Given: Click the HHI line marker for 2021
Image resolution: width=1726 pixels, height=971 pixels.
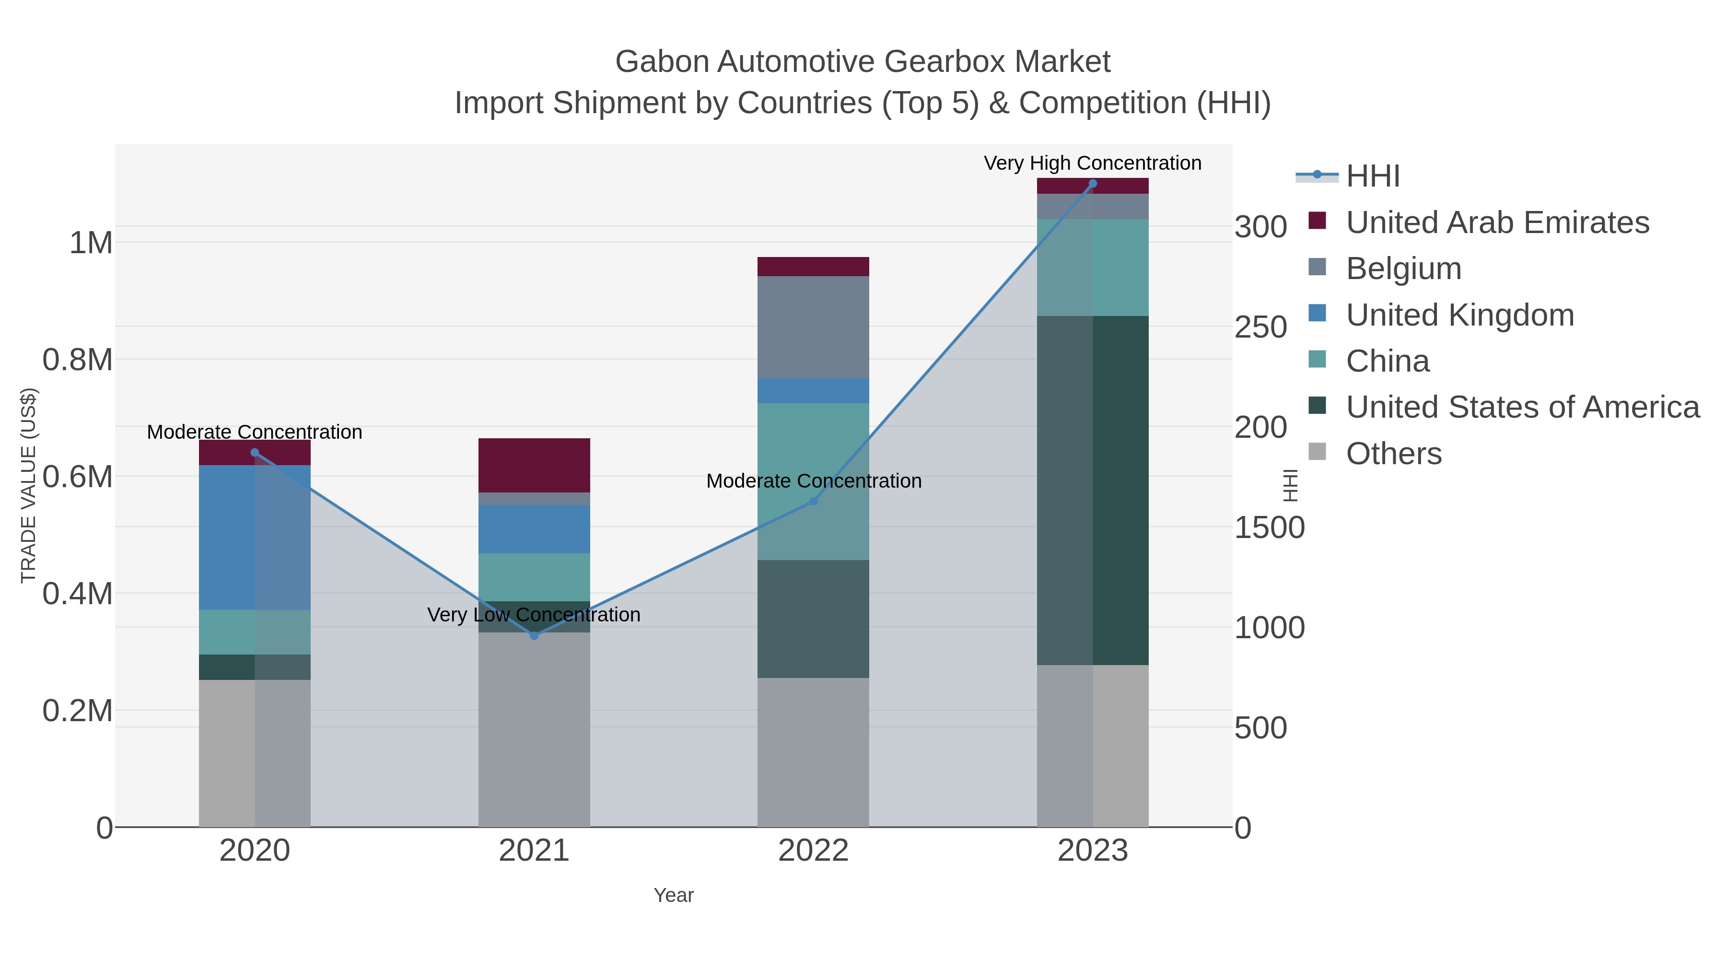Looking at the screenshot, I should pyautogui.click(x=534, y=635).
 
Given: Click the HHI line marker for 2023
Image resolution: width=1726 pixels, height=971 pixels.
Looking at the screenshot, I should pyautogui.click(x=1093, y=184).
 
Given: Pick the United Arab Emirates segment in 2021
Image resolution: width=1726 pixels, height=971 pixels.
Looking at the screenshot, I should pyautogui.click(x=534, y=465).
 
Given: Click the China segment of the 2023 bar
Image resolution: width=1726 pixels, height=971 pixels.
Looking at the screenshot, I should pyautogui.click(x=1093, y=268).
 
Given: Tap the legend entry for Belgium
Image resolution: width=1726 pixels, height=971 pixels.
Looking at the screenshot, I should pyautogui.click(x=1403, y=269).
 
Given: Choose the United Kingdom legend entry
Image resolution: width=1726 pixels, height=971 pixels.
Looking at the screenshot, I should pyautogui.click(x=1459, y=315).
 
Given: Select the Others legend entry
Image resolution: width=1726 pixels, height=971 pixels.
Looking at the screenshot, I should pyautogui.click(x=1393, y=454).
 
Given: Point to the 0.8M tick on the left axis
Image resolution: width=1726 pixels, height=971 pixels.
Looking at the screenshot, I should pyautogui.click(x=78, y=360).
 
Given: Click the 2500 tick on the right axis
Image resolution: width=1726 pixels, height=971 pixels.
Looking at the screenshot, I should pyautogui.click(x=1260, y=327).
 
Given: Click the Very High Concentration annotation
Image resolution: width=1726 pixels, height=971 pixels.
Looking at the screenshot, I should pyautogui.click(x=1092, y=163).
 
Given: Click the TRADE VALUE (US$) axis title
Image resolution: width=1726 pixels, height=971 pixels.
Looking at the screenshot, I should pyautogui.click(x=28, y=485).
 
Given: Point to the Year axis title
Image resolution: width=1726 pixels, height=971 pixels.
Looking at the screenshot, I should pyautogui.click(x=674, y=895).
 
